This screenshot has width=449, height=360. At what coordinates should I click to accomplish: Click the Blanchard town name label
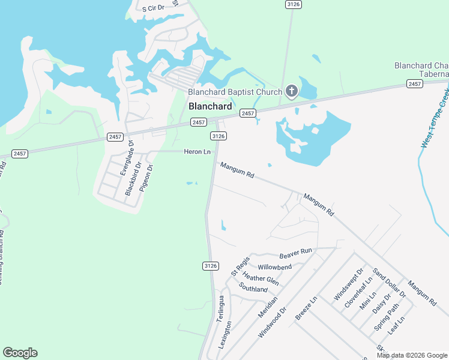210,106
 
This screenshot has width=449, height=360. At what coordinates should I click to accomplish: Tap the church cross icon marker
291,91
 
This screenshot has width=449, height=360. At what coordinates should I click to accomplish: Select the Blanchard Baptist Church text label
235,92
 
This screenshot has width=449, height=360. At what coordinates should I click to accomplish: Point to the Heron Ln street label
197,152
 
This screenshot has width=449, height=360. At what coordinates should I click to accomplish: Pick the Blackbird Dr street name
133,178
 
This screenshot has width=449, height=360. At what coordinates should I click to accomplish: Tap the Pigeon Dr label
147,178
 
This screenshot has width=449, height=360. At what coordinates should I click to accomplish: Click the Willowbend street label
274,267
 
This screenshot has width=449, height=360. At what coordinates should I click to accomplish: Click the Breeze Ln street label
306,308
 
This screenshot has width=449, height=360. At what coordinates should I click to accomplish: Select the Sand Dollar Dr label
389,282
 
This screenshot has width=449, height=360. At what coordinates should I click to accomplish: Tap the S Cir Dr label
152,8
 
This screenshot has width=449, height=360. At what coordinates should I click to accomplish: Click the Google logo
20,353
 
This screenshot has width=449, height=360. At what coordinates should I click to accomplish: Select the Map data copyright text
411,355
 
